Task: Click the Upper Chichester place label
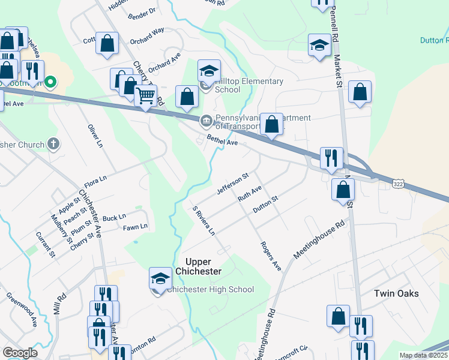tap(196, 266)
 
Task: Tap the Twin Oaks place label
tap(396, 293)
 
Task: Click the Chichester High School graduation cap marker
tap(160, 278)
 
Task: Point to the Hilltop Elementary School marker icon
tap(209, 71)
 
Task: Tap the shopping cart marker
tap(146, 95)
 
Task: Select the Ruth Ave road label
tap(249, 193)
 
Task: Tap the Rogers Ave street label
tap(271, 256)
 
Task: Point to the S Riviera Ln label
tap(203, 221)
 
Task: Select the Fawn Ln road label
tap(135, 227)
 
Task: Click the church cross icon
tap(53, 144)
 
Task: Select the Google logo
tap(19, 353)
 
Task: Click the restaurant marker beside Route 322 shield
tap(331, 158)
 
